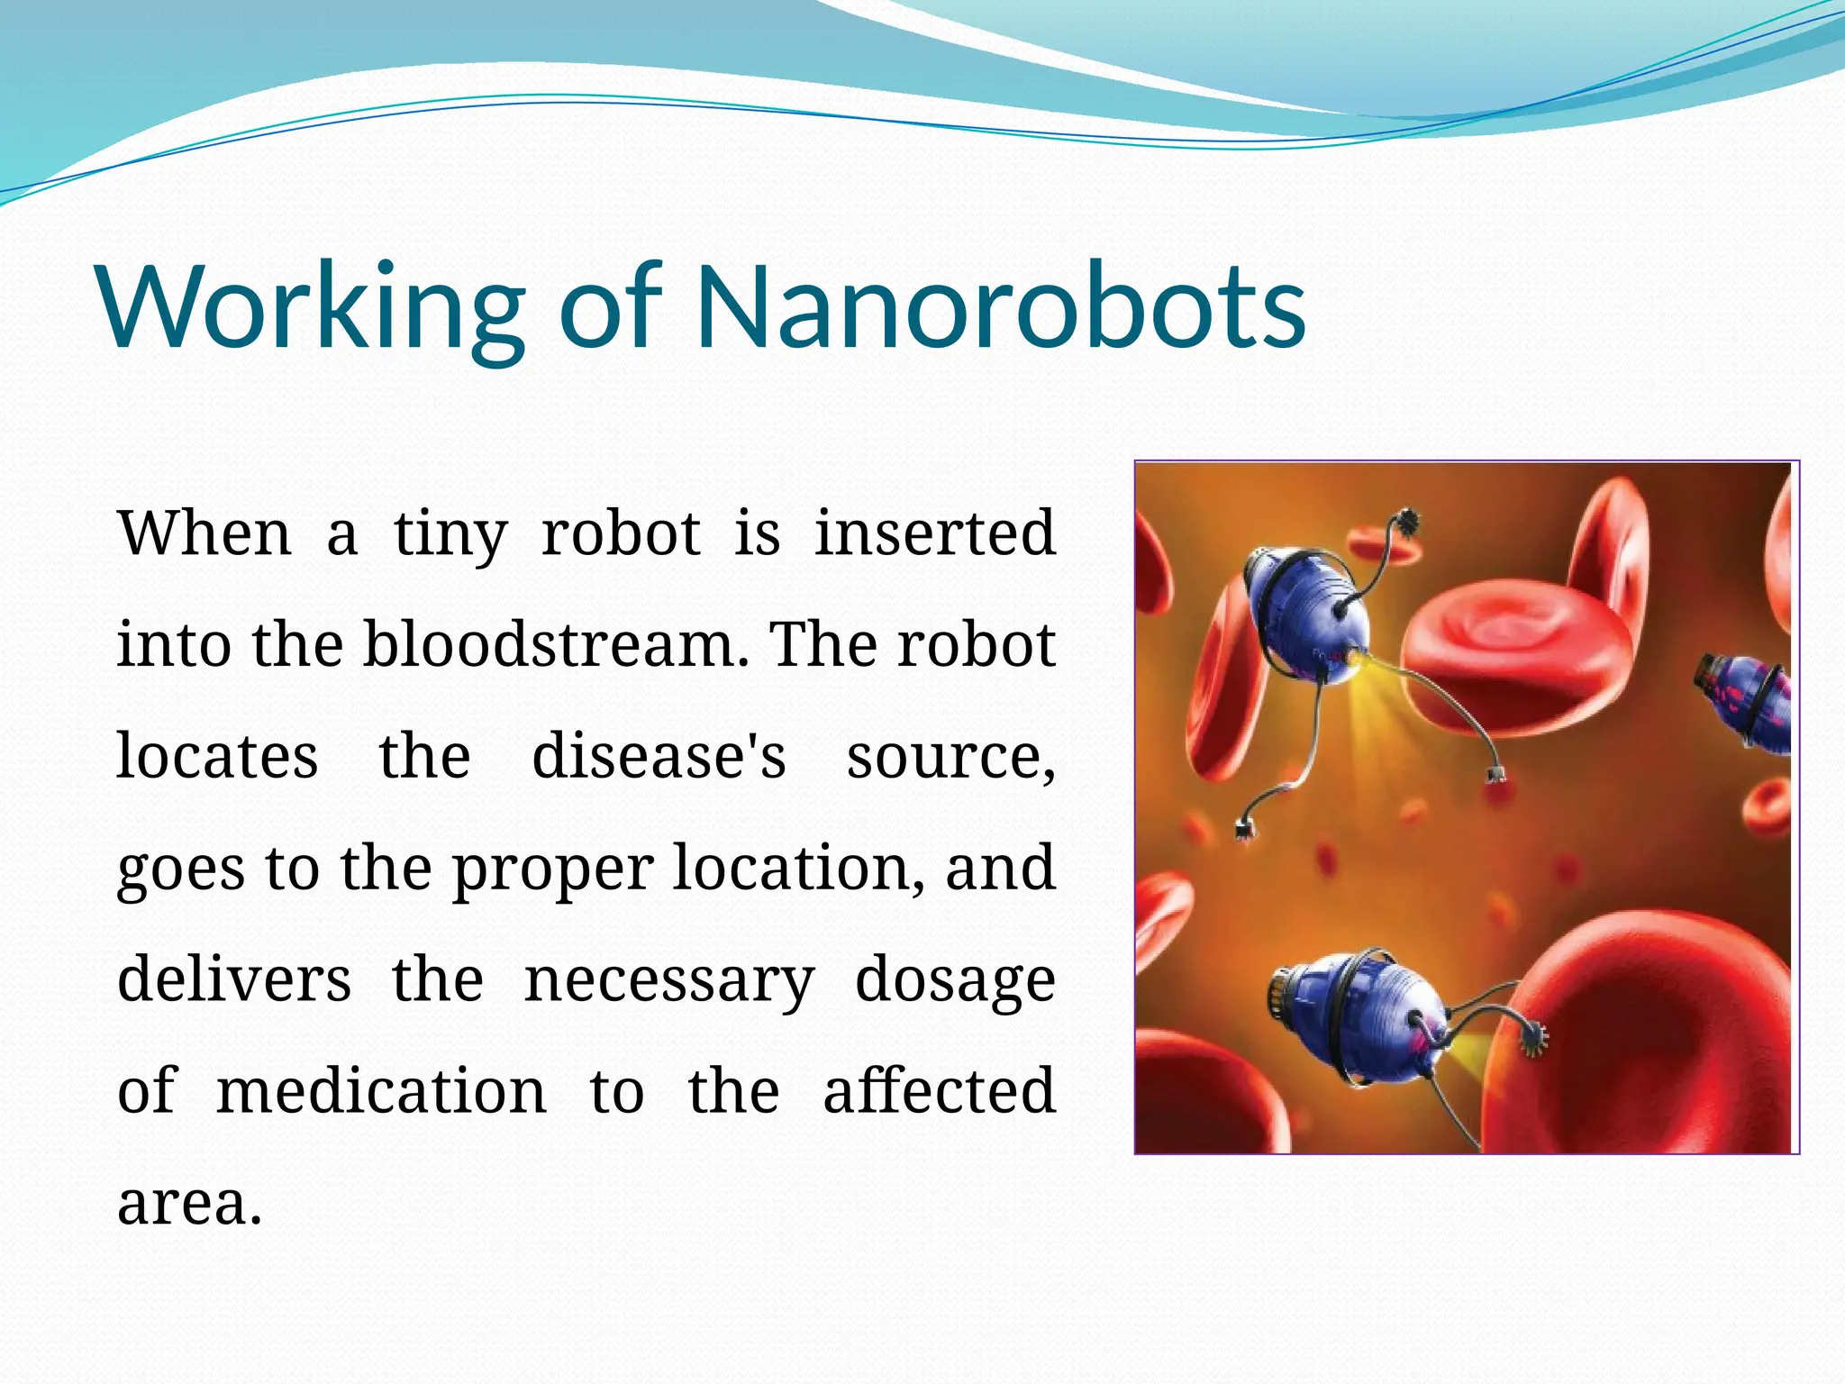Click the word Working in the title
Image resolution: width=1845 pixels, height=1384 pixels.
coord(311,306)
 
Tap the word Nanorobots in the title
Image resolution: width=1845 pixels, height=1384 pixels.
coord(1000,306)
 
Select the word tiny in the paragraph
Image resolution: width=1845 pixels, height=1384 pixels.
coord(450,533)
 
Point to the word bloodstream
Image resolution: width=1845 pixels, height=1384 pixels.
coord(555,644)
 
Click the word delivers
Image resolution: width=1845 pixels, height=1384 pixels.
coord(234,979)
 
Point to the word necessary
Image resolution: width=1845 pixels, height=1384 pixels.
coord(669,981)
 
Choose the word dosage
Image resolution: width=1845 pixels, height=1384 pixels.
coord(955,981)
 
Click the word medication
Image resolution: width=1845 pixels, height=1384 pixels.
coord(381,1090)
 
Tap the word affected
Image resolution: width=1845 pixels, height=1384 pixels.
coord(939,1090)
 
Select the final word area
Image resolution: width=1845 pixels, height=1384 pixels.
coord(189,1203)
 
